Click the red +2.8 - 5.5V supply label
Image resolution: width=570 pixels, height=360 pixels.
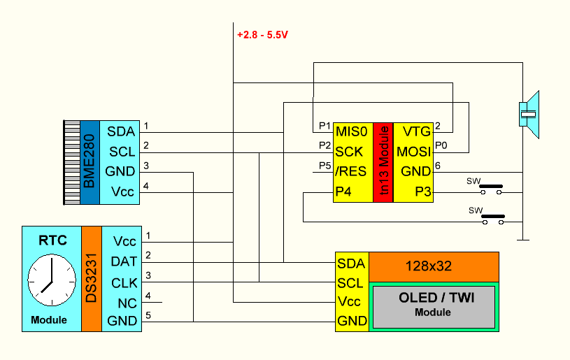pyautogui.click(x=262, y=34)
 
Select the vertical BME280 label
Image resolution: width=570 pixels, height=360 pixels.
pyautogui.click(x=90, y=161)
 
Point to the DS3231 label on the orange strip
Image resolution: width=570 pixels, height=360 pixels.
pyautogui.click(x=92, y=278)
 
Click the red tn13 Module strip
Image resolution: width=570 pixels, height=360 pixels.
pyautogui.click(x=383, y=162)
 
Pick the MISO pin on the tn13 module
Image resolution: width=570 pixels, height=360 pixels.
pyautogui.click(x=350, y=131)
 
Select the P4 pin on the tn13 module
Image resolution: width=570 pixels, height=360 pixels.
pyautogui.click(x=343, y=192)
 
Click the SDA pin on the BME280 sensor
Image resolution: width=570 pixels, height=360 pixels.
pyautogui.click(x=120, y=131)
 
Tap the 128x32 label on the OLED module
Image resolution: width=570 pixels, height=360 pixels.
pyautogui.click(x=432, y=266)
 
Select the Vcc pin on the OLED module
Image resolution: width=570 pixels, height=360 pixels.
pyautogui.click(x=349, y=302)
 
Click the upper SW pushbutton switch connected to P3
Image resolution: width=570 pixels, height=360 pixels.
pyautogui.click(x=492, y=187)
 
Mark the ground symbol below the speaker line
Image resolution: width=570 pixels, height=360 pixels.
pyautogui.click(x=522, y=240)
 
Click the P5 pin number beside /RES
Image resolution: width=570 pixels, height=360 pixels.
pyautogui.click(x=324, y=166)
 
